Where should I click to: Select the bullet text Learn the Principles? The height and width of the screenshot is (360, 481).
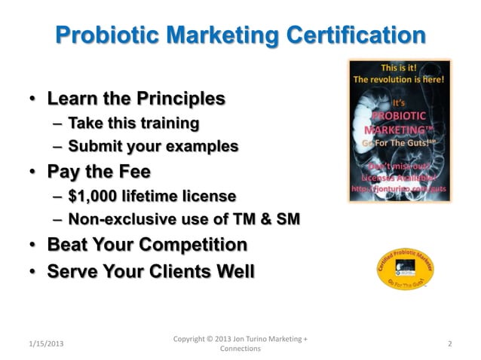pos(136,99)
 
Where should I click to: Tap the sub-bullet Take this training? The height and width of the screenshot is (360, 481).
pos(133,122)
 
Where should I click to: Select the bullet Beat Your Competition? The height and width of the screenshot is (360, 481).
pos(147,245)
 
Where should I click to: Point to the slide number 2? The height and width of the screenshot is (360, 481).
pos(449,343)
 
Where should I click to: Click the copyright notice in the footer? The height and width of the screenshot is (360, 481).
pos(240,343)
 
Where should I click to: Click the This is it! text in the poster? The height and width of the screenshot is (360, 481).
pos(399,66)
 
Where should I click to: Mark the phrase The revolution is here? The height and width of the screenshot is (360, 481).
pos(399,78)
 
